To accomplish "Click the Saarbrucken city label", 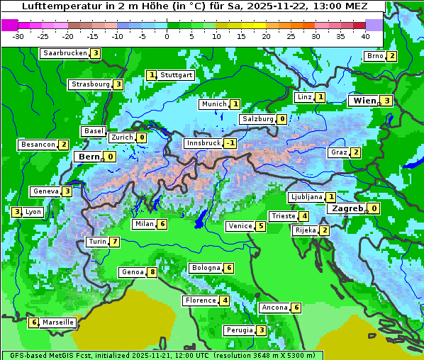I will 65,53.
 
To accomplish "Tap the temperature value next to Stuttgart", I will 151,74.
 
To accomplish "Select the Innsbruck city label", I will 203,143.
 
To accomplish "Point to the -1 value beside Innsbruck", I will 230,143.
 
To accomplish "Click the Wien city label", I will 364,101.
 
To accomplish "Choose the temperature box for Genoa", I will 152,272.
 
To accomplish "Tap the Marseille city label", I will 58,322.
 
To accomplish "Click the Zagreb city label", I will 347,208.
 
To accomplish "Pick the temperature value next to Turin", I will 115,242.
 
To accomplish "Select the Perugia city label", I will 239,330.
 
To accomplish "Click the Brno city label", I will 374,56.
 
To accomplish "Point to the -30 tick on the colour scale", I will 18,36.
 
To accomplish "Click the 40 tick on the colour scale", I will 365,36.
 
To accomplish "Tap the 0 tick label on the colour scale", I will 167,36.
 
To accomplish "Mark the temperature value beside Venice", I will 261,227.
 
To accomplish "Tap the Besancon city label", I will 38,145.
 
